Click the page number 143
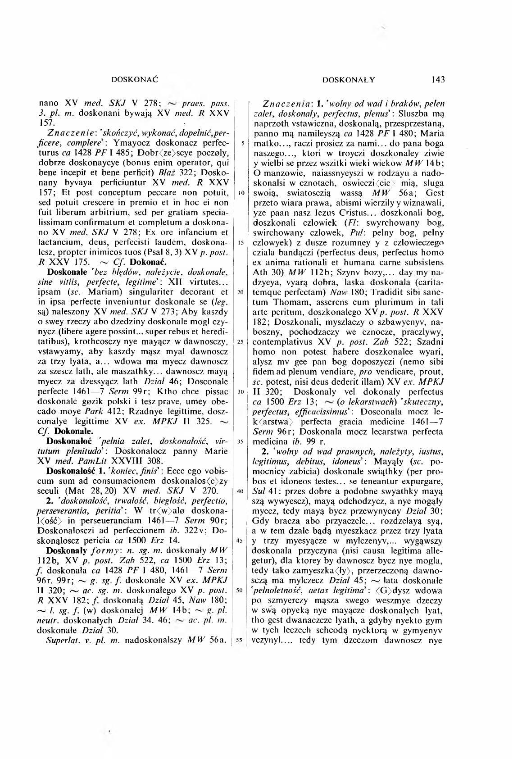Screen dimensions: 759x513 pyautogui.click(x=437, y=80)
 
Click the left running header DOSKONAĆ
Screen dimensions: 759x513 pyautogui.click(x=136, y=80)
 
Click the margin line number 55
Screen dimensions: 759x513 pyautogui.click(x=241, y=639)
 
